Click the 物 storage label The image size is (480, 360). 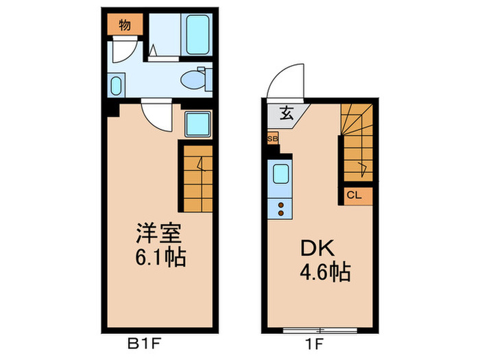(x=124, y=26)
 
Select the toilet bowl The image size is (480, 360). (x=193, y=80)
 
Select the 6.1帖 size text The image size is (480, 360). (x=160, y=259)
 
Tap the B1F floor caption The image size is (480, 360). (x=145, y=341)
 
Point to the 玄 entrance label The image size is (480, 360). (x=287, y=115)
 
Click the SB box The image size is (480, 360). (x=273, y=139)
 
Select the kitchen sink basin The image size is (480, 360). (x=281, y=173)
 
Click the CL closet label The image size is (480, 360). (x=354, y=195)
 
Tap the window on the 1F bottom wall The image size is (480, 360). (x=320, y=330)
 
